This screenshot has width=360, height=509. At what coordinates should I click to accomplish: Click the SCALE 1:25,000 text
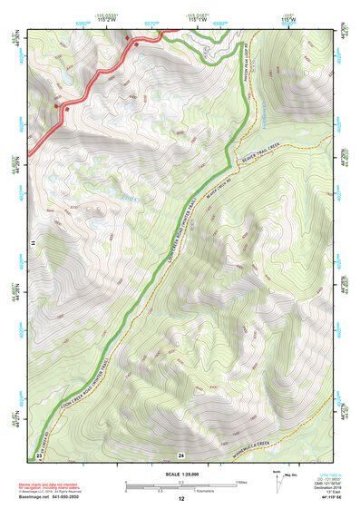pyautogui.click(x=181, y=473)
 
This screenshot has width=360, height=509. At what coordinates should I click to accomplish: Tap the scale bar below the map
pyautogui.click(x=181, y=485)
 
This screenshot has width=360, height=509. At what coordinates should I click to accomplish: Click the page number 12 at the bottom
pyautogui.click(x=181, y=499)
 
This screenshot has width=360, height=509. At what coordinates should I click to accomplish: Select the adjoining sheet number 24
pyautogui.click(x=181, y=454)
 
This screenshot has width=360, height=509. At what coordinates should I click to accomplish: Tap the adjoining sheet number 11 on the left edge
pyautogui.click(x=31, y=244)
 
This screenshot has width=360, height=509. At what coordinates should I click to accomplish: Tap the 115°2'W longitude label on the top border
pyautogui.click(x=129, y=18)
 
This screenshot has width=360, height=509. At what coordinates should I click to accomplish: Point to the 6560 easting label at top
pyautogui.click(x=83, y=18)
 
